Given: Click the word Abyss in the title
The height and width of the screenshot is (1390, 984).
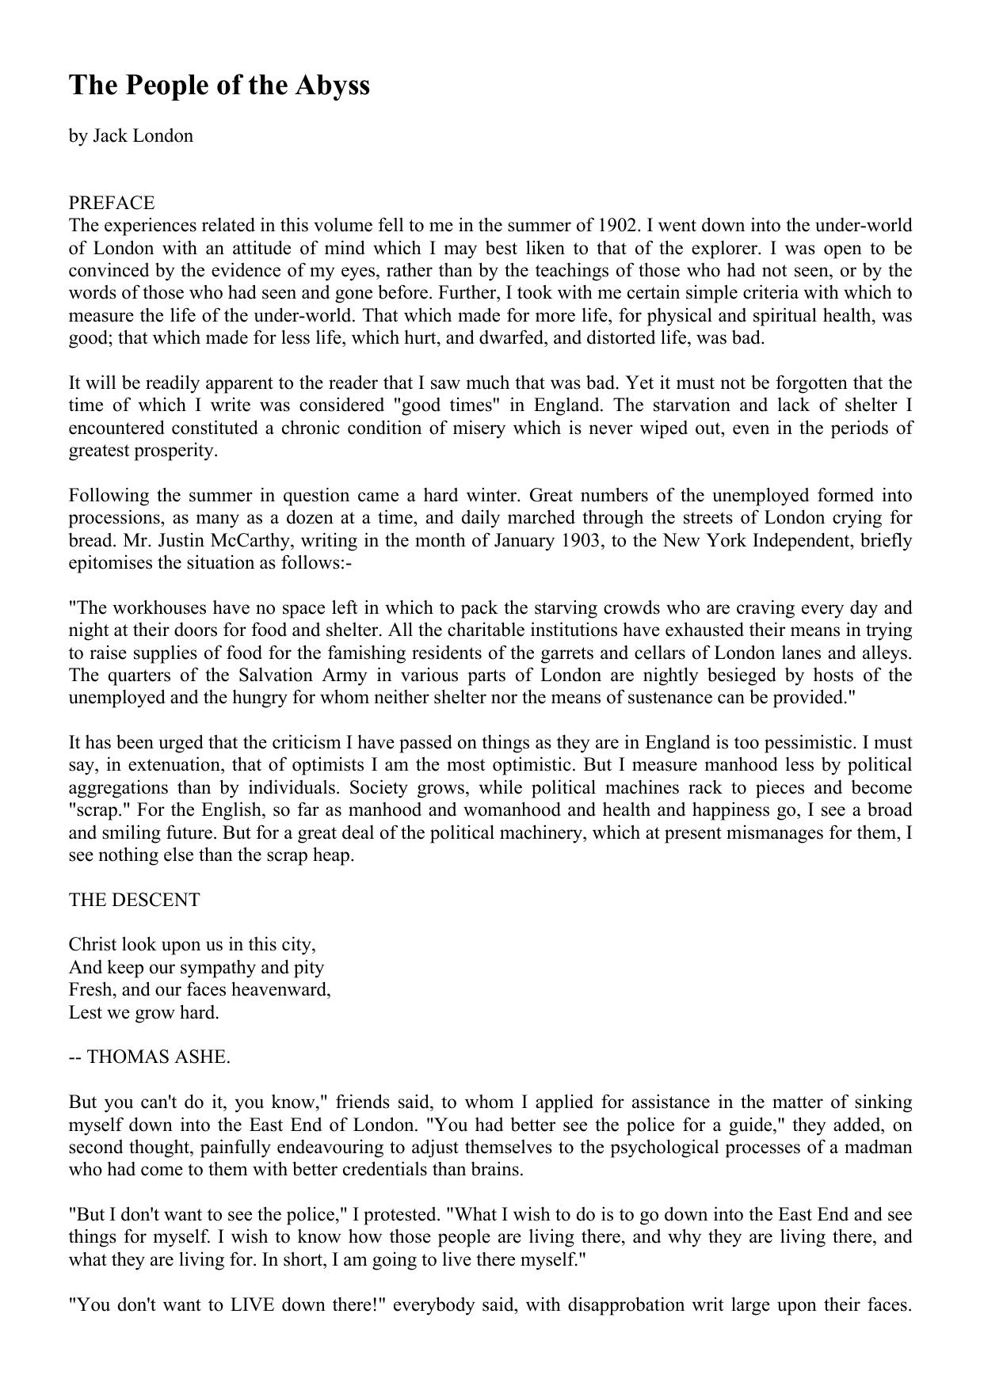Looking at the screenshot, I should (333, 85).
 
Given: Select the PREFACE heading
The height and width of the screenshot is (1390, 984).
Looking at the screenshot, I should (112, 203).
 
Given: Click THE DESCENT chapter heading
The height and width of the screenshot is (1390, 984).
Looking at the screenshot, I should (135, 900).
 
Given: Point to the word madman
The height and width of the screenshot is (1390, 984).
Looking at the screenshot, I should (879, 1147).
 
